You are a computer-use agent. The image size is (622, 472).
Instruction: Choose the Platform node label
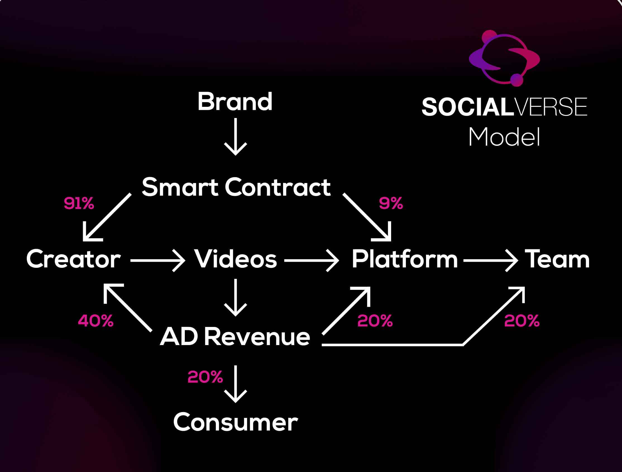405,259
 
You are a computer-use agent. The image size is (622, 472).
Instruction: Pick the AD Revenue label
235,336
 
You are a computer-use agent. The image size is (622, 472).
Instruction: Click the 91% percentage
79,203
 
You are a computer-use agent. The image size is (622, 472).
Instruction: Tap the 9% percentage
391,203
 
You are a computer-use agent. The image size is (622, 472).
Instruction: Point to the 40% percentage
95,321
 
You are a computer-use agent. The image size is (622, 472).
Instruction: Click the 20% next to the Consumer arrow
205,377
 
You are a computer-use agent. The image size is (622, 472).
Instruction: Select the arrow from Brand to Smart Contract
236,136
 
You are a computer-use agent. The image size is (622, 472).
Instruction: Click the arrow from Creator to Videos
158,261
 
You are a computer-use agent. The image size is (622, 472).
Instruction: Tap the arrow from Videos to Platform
312,261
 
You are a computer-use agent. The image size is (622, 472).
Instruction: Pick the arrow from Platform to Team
491,261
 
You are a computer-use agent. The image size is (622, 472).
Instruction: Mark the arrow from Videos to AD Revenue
236,298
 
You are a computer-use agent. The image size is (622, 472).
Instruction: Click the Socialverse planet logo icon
504,58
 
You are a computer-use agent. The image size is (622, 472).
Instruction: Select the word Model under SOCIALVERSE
504,137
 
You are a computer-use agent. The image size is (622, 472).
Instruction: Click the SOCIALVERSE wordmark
504,107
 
